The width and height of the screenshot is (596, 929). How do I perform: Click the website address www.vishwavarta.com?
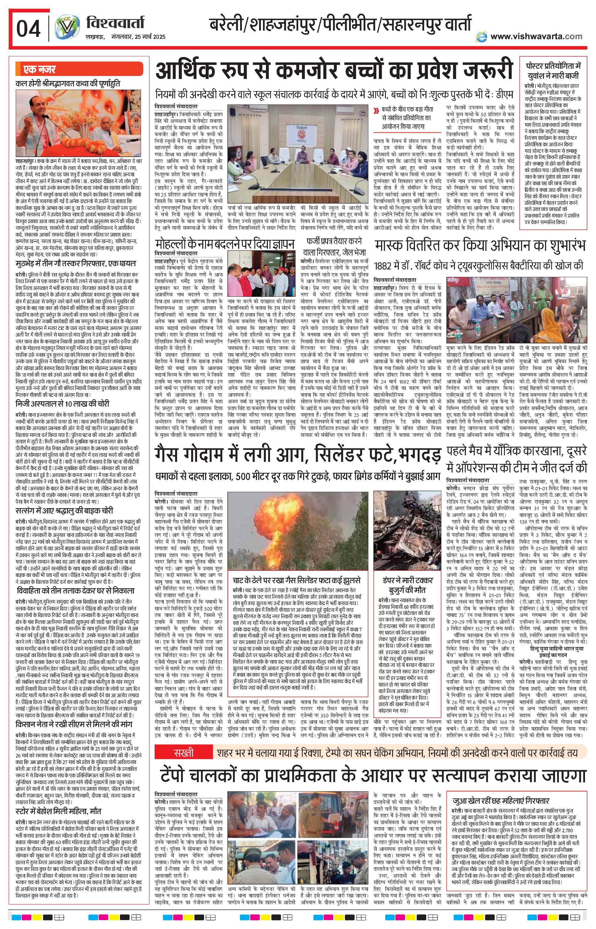536,37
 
